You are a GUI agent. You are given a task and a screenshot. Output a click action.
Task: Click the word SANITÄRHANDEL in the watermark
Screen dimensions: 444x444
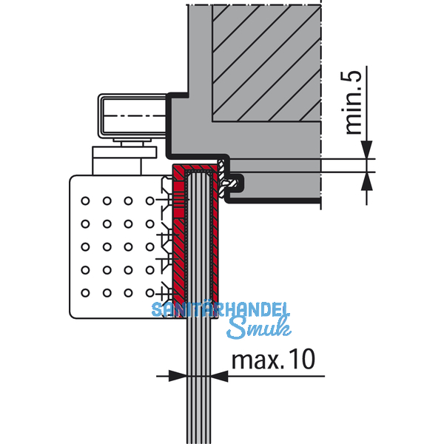coord(222,311)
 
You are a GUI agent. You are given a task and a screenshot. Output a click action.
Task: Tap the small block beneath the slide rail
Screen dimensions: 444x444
coord(125,160)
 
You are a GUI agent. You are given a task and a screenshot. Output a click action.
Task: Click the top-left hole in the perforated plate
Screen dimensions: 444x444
coord(86,201)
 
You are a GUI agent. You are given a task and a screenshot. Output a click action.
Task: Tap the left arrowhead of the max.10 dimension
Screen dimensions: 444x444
coord(177,376)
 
